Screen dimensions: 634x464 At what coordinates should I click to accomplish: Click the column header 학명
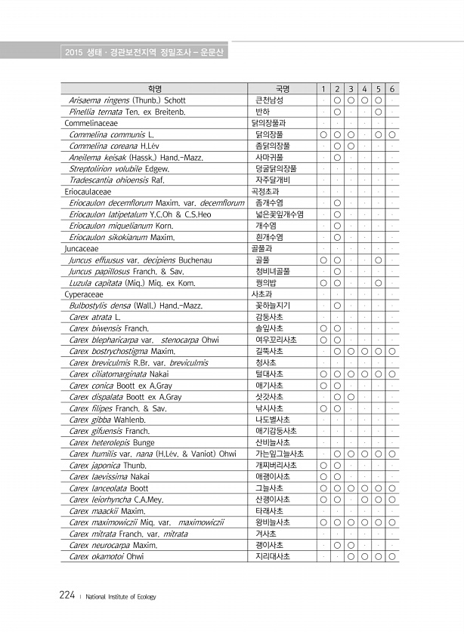[155, 88]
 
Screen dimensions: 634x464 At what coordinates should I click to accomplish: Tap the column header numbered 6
[393, 88]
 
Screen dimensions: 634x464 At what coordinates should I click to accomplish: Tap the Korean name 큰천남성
[269, 100]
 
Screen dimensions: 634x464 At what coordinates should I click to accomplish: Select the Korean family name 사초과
[263, 294]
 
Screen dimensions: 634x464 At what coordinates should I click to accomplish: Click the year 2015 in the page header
[73, 52]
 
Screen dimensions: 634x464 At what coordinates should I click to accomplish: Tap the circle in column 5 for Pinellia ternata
[379, 111]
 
